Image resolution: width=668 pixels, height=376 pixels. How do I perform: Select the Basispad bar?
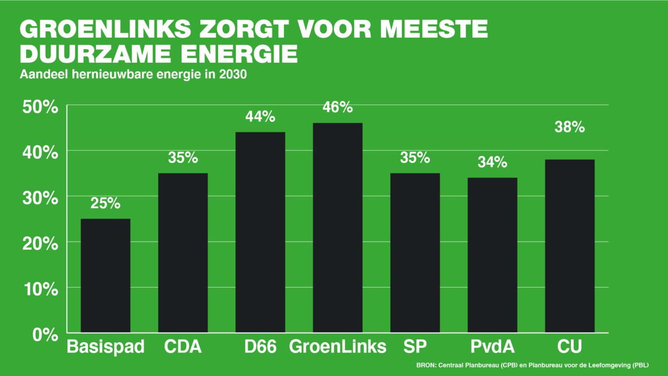(x=105, y=275)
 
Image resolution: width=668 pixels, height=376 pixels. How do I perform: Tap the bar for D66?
(x=260, y=232)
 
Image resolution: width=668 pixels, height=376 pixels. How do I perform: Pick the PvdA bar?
(x=492, y=255)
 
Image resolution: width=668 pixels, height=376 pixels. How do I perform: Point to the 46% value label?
(x=338, y=108)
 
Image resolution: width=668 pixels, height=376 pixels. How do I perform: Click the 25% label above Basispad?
(x=105, y=203)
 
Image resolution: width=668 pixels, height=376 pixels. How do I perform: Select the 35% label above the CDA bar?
(x=183, y=158)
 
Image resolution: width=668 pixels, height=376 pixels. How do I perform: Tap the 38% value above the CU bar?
(x=569, y=127)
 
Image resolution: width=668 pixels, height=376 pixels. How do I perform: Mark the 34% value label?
(x=492, y=162)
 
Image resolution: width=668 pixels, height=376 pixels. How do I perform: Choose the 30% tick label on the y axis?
(x=40, y=198)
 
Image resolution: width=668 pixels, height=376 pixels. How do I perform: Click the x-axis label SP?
(x=415, y=347)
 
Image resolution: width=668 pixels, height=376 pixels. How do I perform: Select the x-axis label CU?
(x=569, y=347)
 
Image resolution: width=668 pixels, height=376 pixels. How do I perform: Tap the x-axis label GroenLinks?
(x=338, y=347)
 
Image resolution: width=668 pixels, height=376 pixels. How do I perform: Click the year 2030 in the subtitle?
(x=232, y=75)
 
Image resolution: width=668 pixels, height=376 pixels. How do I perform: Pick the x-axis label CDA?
(x=183, y=347)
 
